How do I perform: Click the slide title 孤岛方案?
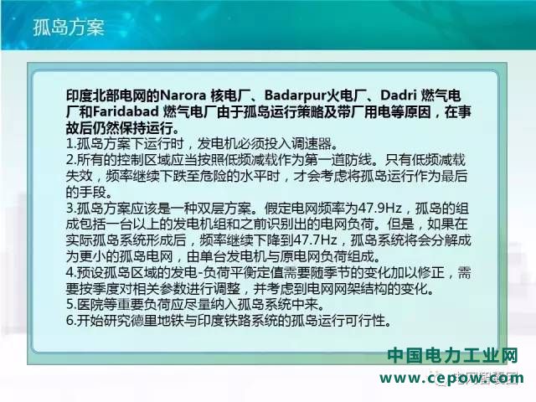click(69, 27)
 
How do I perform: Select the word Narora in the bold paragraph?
click(183, 95)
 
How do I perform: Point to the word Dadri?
click(399, 95)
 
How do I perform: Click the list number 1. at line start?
click(70, 143)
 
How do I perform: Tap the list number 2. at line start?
click(70, 160)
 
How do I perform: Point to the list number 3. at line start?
click(70, 209)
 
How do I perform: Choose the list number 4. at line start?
click(70, 273)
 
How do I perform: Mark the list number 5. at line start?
click(70, 305)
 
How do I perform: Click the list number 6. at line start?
click(70, 321)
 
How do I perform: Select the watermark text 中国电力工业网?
click(453, 356)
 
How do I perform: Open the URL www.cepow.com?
click(451, 379)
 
